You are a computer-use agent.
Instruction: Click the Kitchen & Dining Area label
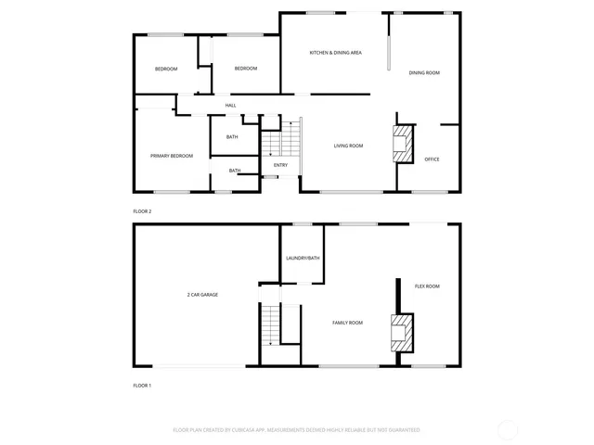(335, 53)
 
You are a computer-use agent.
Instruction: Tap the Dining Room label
(424, 72)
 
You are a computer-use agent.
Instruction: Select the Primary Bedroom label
(172, 156)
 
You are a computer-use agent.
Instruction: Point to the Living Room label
(348, 146)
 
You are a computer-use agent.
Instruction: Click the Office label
(432, 159)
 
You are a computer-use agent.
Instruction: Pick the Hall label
(230, 105)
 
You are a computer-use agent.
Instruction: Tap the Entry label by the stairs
(280, 165)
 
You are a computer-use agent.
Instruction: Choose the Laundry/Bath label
(303, 258)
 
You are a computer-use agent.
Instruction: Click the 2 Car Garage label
(202, 294)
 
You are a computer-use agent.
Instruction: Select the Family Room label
(348, 323)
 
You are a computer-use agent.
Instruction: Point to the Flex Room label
(427, 286)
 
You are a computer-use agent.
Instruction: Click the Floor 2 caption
(142, 211)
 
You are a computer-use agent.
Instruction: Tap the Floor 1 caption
(142, 385)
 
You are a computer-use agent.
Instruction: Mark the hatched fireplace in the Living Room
(401, 144)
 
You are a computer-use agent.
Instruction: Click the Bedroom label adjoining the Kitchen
(245, 69)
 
